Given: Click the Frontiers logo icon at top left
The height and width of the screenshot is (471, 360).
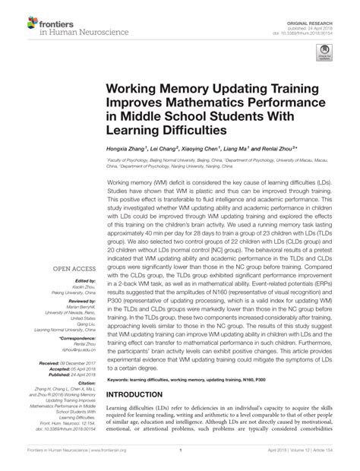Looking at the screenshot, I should click(x=17, y=16).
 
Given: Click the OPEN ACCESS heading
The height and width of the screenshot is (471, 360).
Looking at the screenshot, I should click(x=73, y=269).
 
